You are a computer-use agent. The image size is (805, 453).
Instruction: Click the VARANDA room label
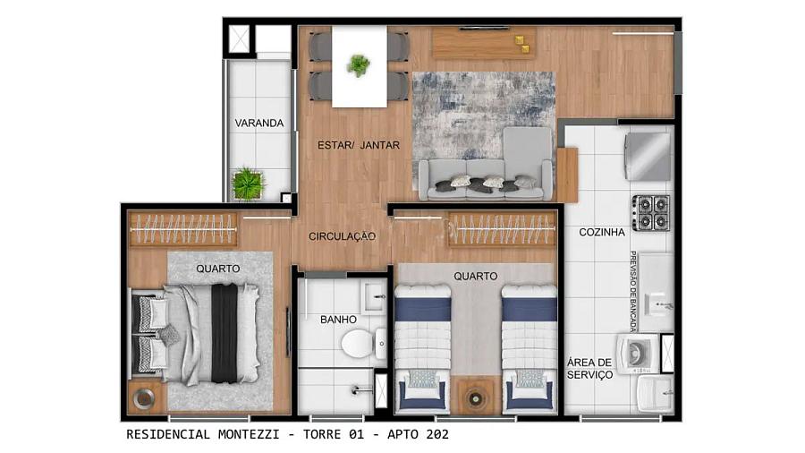coord(258,124)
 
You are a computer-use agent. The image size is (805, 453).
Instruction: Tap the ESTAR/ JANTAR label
coord(359,145)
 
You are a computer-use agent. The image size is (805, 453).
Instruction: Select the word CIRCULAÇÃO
coord(342,236)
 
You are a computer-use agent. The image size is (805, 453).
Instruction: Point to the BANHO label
coord(338,320)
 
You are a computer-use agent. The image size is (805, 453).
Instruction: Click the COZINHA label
coord(602,232)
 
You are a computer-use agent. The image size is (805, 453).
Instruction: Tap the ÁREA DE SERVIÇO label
coord(589,369)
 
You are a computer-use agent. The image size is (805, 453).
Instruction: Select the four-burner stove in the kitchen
coord(650,213)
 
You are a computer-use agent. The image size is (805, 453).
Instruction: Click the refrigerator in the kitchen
coord(648,156)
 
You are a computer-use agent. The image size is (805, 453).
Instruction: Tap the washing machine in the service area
coord(638,354)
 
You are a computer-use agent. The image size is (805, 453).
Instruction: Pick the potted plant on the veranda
coord(248,184)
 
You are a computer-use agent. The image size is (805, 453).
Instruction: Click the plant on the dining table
coord(358,65)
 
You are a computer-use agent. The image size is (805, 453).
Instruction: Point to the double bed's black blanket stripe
coord(225,333)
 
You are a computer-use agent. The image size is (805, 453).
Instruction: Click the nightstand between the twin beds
coord(476,397)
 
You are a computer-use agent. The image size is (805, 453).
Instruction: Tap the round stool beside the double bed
coord(144,397)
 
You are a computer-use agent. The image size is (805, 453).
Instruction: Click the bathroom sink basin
coord(375,296)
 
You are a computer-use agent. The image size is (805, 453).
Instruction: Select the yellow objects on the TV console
coord(521,44)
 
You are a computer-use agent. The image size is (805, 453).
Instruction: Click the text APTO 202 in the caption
coord(418,434)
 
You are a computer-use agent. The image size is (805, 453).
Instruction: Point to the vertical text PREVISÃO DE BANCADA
coord(633,291)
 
